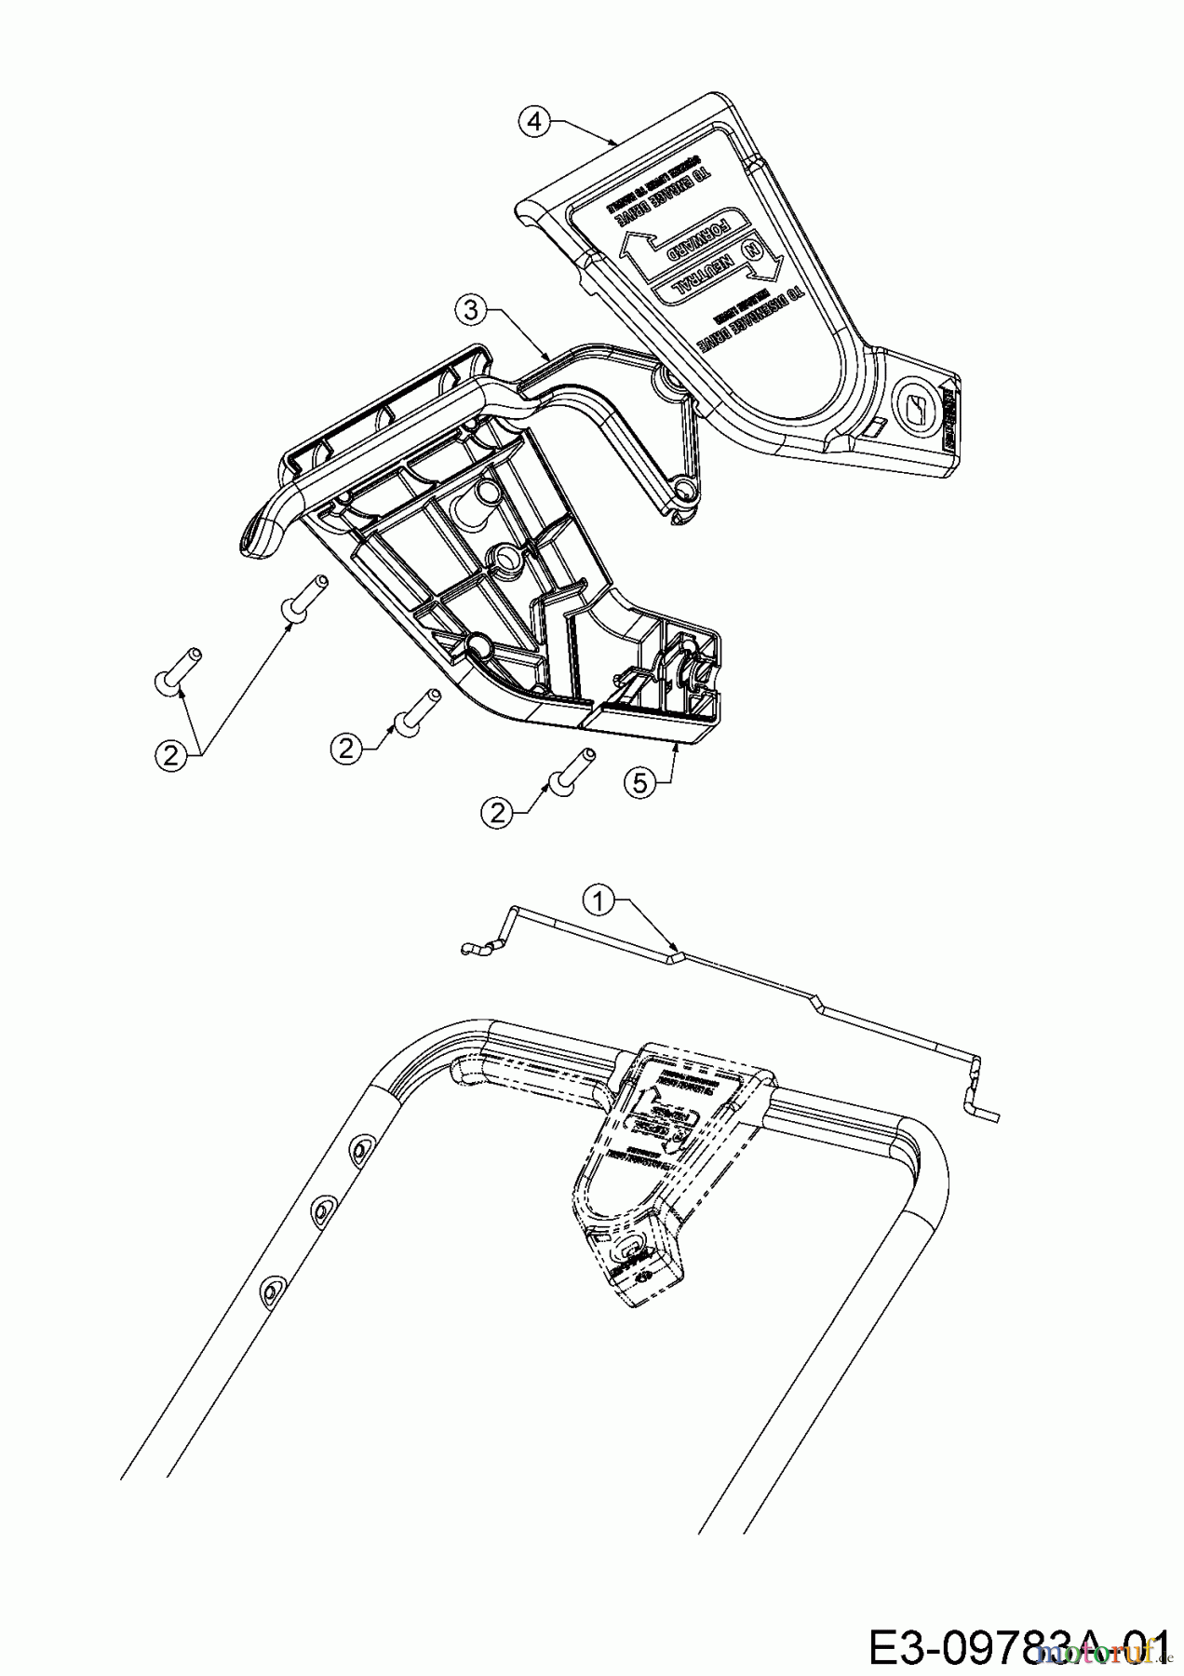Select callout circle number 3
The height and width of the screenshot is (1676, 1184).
[472, 310]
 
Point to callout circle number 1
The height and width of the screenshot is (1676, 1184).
[599, 899]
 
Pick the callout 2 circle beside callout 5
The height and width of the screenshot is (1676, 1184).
[498, 813]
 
